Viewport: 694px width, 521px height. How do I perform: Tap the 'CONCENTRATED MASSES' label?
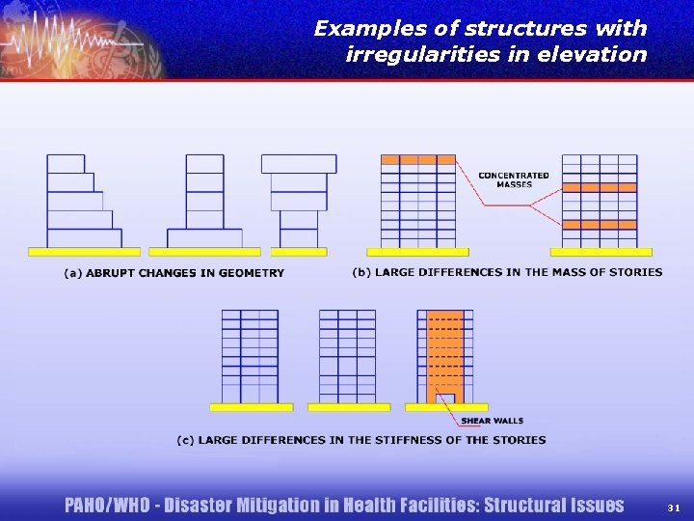pos(514,179)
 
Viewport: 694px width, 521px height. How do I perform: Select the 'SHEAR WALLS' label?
pos(493,421)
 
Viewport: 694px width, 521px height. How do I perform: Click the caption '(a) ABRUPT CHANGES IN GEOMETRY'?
pos(174,273)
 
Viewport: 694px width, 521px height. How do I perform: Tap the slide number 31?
pos(673,507)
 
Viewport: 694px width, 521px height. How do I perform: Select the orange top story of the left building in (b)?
pos(418,159)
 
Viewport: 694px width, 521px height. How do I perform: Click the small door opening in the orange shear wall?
pos(445,398)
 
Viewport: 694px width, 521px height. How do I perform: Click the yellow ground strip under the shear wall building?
pos(446,407)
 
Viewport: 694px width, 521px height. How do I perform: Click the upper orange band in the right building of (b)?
pos(599,187)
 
